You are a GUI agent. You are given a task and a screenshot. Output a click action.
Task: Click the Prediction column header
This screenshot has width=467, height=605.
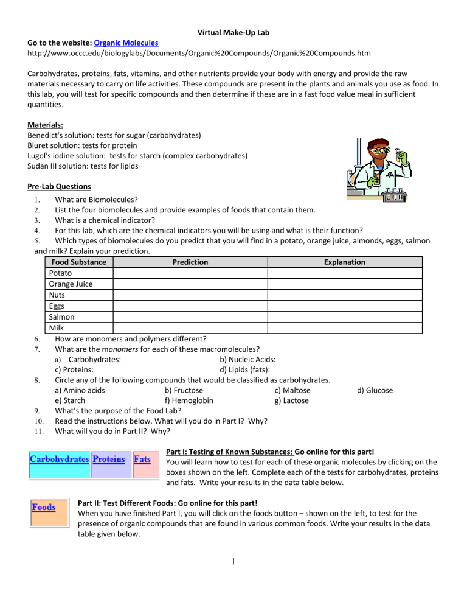click(190, 262)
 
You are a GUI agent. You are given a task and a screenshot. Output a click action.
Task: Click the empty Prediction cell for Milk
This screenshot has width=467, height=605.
click(190, 328)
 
